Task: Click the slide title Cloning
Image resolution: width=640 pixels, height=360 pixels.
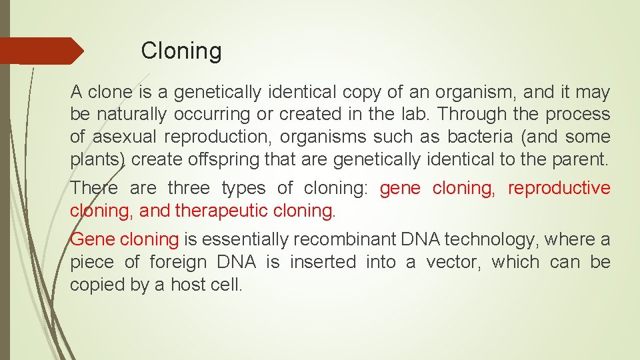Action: pos(181,51)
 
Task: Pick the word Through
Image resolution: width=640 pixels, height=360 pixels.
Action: pos(461,114)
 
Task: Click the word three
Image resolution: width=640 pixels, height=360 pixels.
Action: pos(189,189)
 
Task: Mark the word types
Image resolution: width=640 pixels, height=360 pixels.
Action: pos(243,189)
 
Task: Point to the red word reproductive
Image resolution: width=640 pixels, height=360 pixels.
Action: pos(559,189)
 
